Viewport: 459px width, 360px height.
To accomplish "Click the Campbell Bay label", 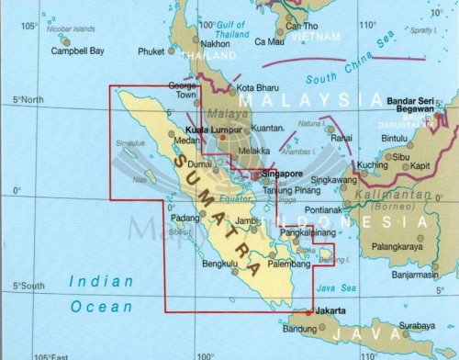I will coord(50,52).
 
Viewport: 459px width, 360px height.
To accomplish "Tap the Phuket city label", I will coord(150,52).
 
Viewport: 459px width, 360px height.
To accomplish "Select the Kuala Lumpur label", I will coord(209,132).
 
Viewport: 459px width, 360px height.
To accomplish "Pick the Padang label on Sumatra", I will coord(185,218).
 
